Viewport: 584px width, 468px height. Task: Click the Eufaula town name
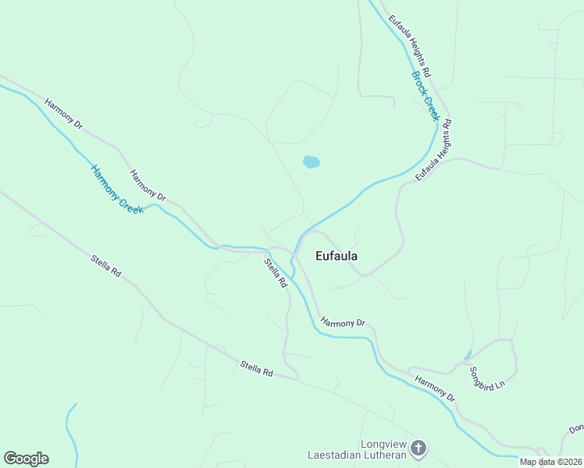[337, 256]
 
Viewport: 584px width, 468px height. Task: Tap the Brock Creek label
[426, 96]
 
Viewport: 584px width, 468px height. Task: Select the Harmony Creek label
[117, 190]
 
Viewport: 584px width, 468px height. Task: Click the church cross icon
[418, 448]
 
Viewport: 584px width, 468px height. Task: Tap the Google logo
[26, 459]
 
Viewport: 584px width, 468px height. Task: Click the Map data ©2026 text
[551, 462]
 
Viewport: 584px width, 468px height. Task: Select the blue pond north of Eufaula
[311, 162]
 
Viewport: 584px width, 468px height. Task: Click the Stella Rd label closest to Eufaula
[276, 274]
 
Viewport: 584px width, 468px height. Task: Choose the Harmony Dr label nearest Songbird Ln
[436, 388]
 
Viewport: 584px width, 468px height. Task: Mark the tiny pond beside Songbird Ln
[467, 356]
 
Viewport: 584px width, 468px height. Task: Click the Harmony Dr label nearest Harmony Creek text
[148, 186]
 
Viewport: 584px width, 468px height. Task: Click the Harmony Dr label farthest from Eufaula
[63, 114]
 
